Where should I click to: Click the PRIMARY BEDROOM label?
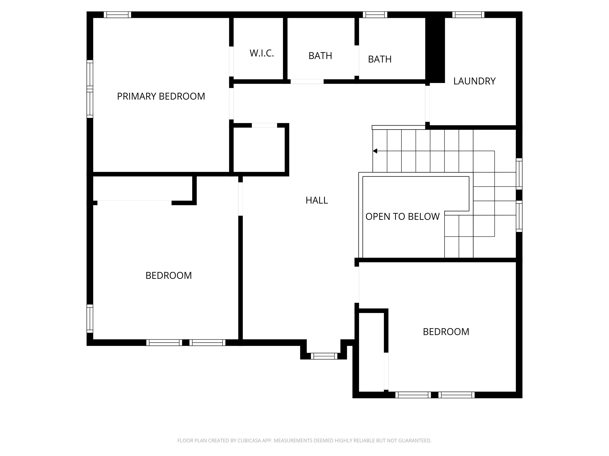161,96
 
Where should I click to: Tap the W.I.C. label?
261,53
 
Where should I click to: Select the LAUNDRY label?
474,81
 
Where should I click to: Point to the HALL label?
317,200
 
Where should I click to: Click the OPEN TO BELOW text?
402,217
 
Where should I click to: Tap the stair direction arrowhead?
375,151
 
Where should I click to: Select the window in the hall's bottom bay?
324,356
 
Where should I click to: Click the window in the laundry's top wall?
468,15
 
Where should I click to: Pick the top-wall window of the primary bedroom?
117,15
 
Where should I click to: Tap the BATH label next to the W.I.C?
320,56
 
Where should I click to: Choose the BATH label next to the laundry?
380,59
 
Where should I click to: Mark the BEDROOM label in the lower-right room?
446,332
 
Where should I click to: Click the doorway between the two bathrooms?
356,61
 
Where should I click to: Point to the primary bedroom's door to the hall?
231,104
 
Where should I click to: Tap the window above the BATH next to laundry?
375,15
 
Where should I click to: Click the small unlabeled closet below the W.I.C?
259,150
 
